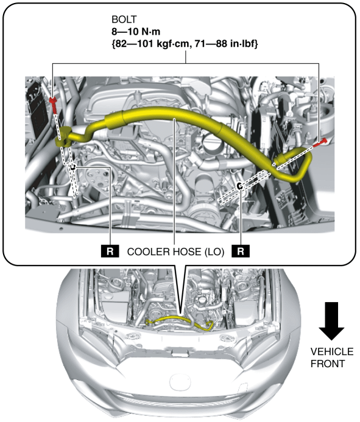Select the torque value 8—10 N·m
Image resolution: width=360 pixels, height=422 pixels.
136,32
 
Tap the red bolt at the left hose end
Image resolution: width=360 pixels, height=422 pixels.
54,105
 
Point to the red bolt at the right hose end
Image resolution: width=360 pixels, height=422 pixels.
320,142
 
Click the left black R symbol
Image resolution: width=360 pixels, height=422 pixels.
110,251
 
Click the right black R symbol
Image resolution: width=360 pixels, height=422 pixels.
241,251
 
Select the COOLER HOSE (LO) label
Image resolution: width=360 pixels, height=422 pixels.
175,252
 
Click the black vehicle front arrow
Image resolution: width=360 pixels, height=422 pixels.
331,321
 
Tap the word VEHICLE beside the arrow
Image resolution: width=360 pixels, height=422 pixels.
332,351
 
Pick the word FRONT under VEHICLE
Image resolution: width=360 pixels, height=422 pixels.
328,364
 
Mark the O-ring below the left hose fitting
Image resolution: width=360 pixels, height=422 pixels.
72,167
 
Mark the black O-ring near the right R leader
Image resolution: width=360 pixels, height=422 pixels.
239,186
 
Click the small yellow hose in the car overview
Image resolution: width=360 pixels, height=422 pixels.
180,320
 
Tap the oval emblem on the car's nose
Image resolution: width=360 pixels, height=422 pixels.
180,382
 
